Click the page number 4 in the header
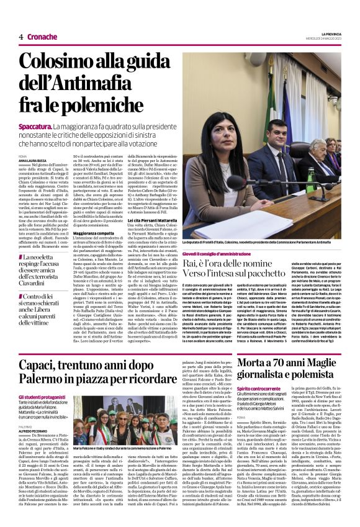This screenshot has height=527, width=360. pyautogui.click(x=20, y=37)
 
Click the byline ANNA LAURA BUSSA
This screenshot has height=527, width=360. pyautogui.click(x=34, y=160)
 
